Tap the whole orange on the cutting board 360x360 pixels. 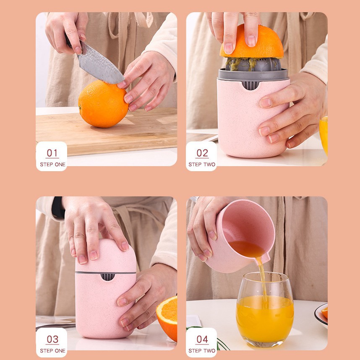tap(103, 104)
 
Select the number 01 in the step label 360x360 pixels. tap(52, 153)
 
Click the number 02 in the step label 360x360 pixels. tap(202, 153)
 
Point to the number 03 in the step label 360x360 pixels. tap(52, 339)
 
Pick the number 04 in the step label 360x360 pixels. tap(202, 339)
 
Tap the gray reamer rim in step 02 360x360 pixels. tap(253, 75)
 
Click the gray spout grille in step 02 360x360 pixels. tap(250, 85)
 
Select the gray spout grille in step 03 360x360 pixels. tap(108, 277)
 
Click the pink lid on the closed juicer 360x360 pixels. tap(106, 256)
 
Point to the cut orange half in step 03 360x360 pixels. tap(167, 318)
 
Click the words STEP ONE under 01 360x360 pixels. tap(52, 164)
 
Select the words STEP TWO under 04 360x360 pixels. tap(202, 351)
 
